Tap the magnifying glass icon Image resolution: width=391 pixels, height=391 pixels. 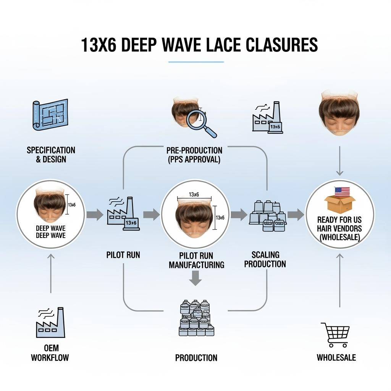[x=200, y=123]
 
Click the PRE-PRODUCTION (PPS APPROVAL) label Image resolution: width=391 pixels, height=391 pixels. [x=194, y=155]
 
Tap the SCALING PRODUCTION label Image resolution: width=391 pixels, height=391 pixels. [x=265, y=259]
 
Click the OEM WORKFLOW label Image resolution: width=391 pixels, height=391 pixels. [x=50, y=353]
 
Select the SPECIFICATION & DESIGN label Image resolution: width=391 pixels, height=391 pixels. [x=51, y=154]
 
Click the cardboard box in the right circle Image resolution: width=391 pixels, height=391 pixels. [x=339, y=204]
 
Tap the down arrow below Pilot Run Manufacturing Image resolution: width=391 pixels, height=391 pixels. [x=195, y=278]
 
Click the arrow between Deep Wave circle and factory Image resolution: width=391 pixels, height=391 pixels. [x=94, y=215]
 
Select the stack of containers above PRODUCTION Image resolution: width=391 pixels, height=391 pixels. [x=196, y=318]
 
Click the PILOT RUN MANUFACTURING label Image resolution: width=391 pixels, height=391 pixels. [x=196, y=260]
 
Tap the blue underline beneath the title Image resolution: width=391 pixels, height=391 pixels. [x=196, y=61]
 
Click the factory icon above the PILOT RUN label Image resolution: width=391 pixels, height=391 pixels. [x=123, y=214]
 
